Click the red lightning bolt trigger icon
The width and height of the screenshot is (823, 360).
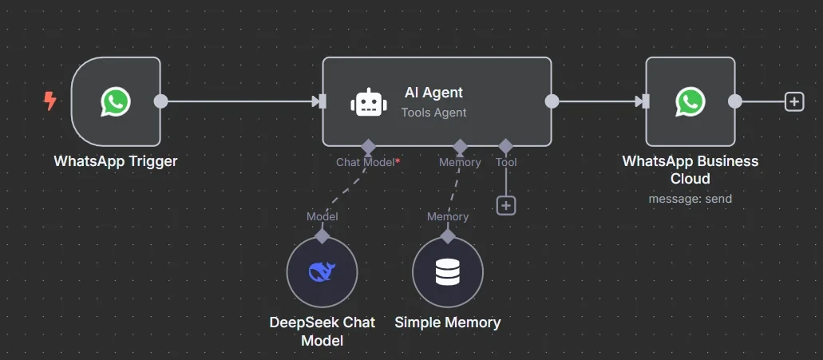tap(49, 101)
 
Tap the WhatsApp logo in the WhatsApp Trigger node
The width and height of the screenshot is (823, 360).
tap(116, 101)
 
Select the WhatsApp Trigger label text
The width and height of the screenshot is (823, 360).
tap(116, 161)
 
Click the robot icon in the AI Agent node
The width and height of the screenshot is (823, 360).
tap(367, 102)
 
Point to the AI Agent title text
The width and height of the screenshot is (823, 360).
tap(433, 93)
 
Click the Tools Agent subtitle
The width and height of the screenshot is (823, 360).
tap(433, 113)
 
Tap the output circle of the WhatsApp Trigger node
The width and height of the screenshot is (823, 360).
tap(160, 101)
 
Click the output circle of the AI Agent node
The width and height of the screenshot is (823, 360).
tap(551, 101)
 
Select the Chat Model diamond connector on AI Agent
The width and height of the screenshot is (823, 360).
tap(367, 146)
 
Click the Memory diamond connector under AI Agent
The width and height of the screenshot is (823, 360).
tap(460, 146)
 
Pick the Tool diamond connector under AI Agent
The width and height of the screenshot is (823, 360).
tap(505, 146)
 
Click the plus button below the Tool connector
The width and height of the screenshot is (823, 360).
tap(506, 205)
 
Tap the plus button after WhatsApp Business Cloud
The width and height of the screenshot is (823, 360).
tap(793, 101)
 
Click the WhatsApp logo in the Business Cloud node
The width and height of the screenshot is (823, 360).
tap(690, 101)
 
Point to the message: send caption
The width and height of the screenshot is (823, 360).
tap(690, 199)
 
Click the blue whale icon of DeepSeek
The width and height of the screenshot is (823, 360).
tap(322, 272)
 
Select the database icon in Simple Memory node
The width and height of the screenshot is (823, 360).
tap(447, 272)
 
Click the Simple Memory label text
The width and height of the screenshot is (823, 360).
tap(447, 322)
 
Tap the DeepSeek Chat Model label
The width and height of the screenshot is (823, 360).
tap(322, 331)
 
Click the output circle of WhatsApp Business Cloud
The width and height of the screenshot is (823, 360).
tap(734, 101)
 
